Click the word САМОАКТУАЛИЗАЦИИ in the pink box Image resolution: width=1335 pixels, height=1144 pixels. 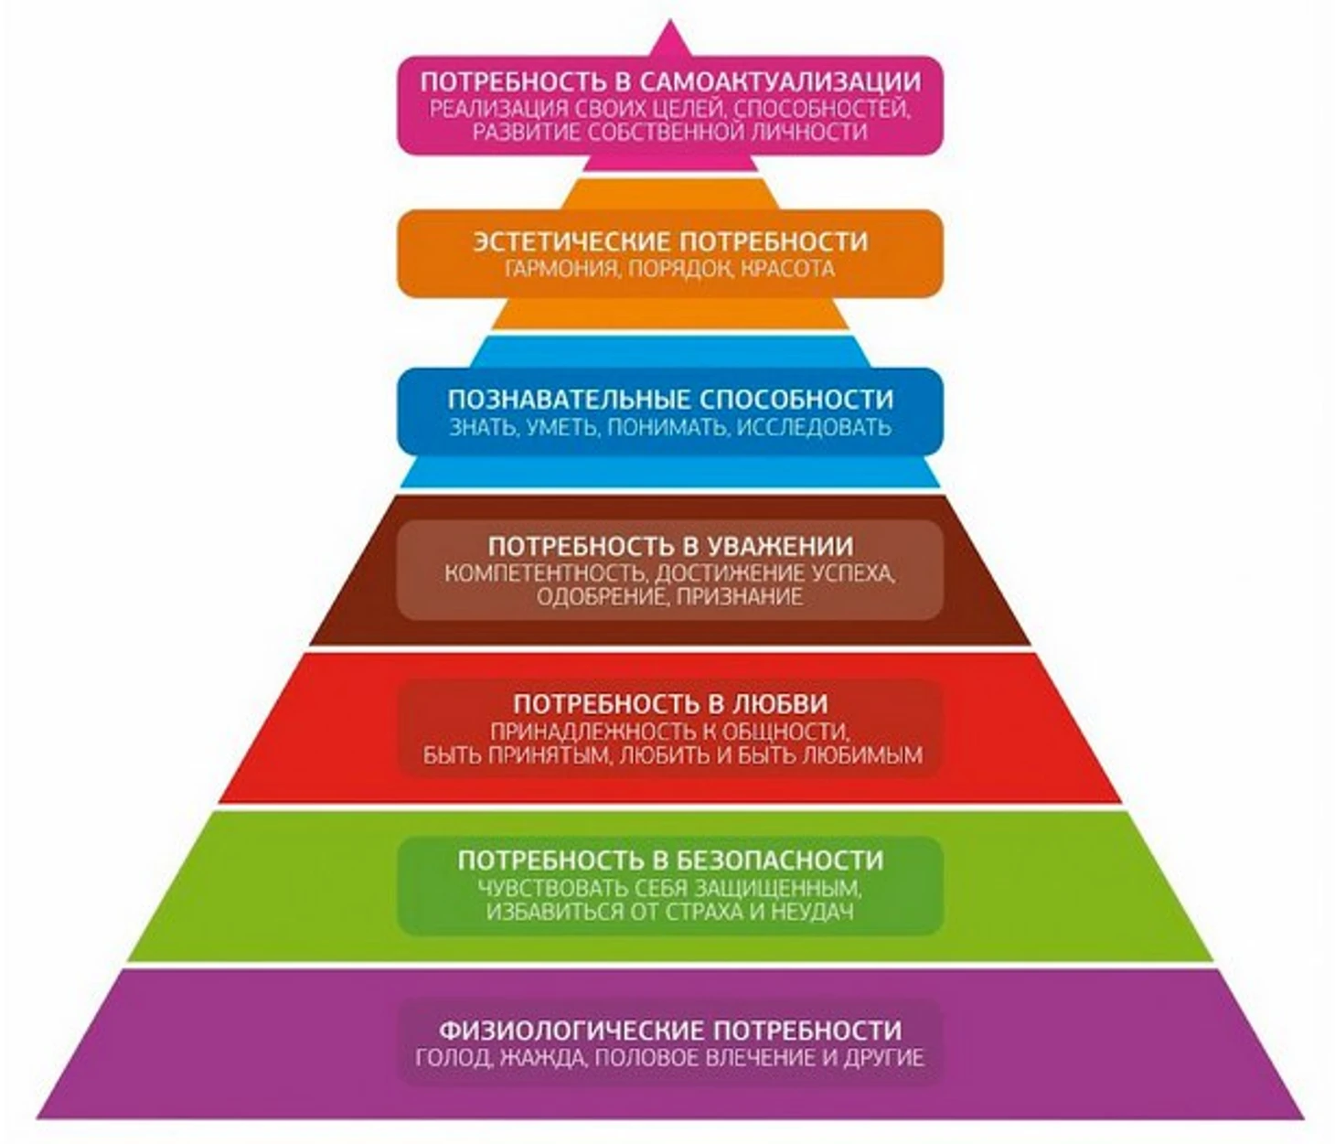tap(778, 81)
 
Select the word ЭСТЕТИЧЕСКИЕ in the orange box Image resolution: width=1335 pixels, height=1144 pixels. tap(572, 241)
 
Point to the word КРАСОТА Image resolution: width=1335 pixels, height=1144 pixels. tap(787, 269)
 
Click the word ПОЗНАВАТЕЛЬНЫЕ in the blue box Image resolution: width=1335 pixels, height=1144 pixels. tap(568, 400)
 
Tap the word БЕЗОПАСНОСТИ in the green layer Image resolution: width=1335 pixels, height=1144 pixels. tap(781, 861)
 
